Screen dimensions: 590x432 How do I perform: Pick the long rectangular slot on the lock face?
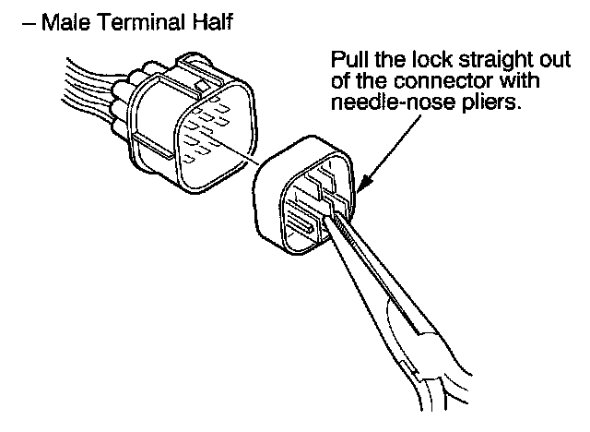(x=301, y=227)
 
